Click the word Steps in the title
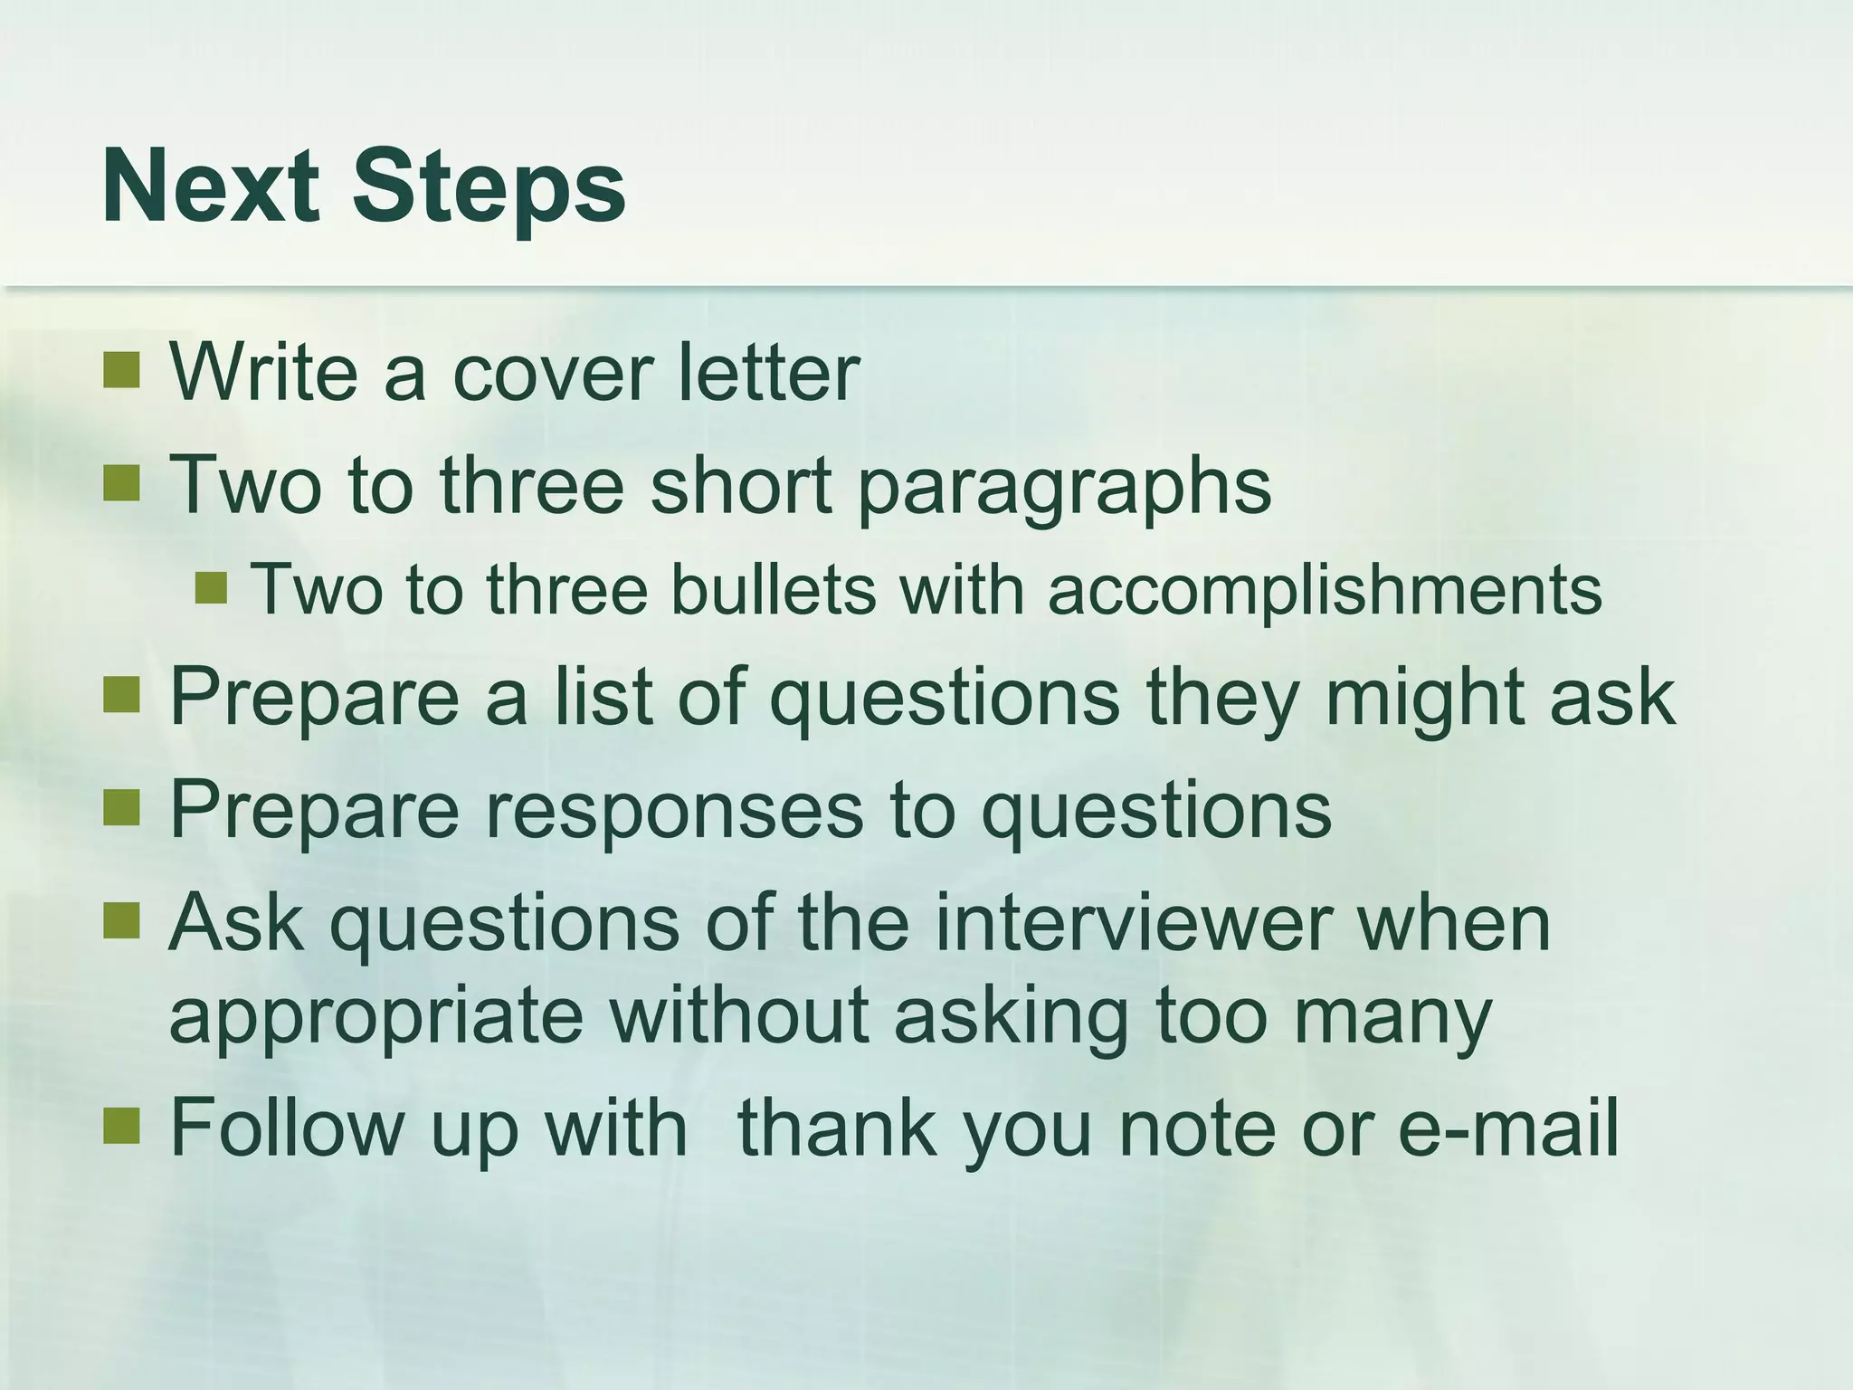(489, 188)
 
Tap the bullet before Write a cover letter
(121, 369)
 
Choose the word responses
(674, 811)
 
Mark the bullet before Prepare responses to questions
(121, 807)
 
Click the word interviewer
(1133, 923)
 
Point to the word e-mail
(1508, 1128)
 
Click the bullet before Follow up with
(121, 1126)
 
